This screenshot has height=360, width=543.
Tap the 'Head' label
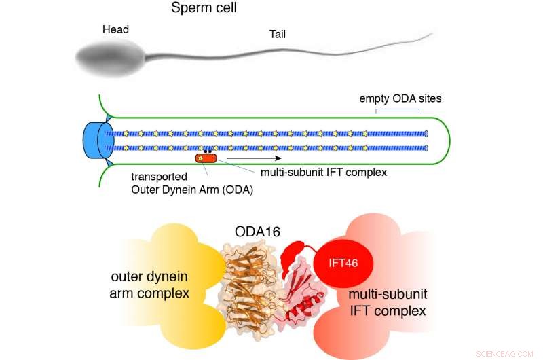pyautogui.click(x=115, y=30)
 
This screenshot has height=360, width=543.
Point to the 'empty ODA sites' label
pyautogui.click(x=400, y=98)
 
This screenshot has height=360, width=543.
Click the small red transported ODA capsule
pyautogui.click(x=206, y=158)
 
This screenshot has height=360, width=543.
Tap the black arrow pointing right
pyautogui.click(x=255, y=159)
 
